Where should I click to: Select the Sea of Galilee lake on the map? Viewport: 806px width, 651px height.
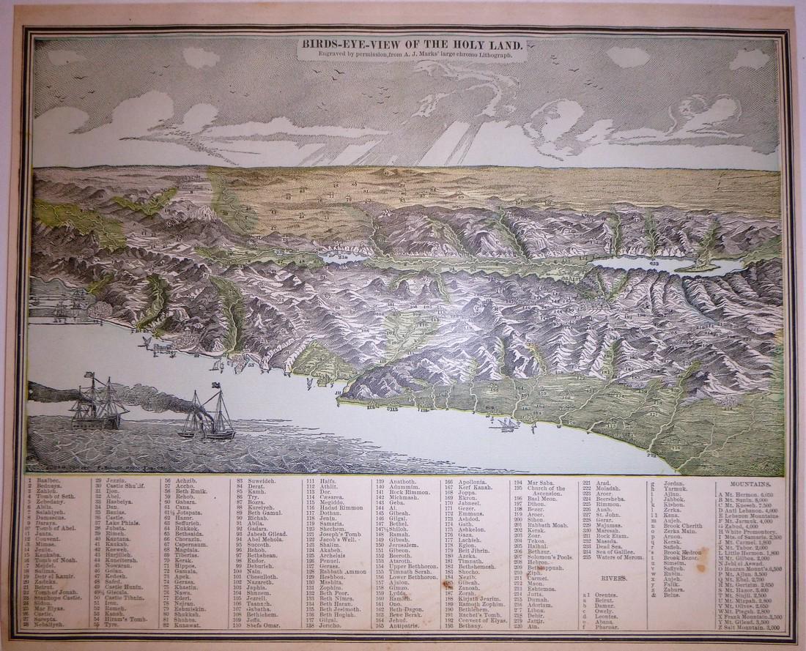point(339,257)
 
